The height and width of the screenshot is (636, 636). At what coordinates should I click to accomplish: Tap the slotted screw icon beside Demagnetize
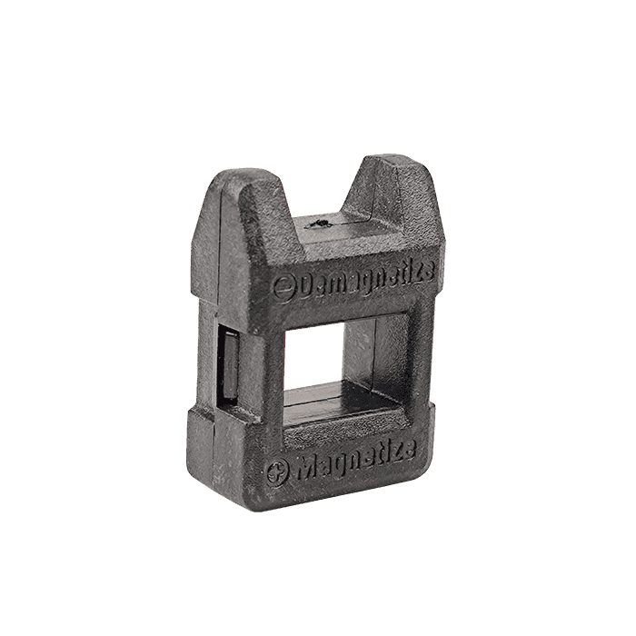coord(284,288)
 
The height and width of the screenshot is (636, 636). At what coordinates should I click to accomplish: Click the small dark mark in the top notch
coord(321,224)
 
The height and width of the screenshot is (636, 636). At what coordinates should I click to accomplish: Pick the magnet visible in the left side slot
coord(229,366)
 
